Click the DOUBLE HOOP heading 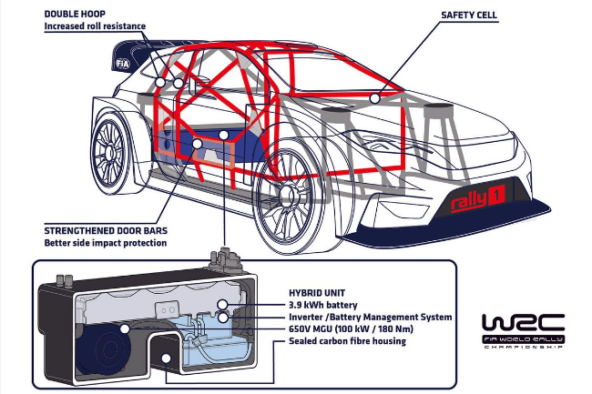[76, 15]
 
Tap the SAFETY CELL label [468, 15]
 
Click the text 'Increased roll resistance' [95, 27]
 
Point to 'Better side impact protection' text [106, 243]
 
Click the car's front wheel [288, 208]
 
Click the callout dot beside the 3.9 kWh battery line [223, 305]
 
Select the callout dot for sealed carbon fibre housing [165, 359]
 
